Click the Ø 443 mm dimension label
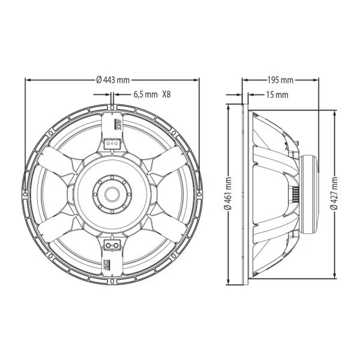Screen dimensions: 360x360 (112, 80)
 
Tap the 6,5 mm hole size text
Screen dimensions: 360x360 (145, 94)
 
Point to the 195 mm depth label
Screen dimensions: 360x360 (280, 80)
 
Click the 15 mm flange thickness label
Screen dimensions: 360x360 (276, 94)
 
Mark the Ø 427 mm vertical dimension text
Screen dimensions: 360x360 (334, 193)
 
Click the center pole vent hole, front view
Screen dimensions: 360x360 (112, 193)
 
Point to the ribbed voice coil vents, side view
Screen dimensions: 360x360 (296, 193)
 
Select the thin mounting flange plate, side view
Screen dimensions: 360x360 (244, 193)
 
